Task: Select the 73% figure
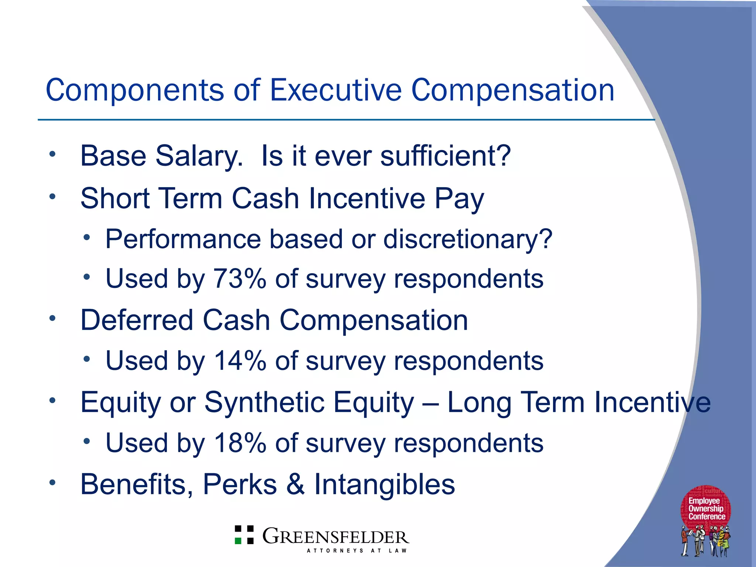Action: coord(240,278)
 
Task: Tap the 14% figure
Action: coord(240,361)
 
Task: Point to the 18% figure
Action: coord(240,443)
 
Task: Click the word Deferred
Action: coord(137,320)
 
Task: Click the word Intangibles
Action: coord(384,484)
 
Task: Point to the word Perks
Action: coord(240,484)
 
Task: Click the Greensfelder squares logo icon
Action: coord(244,535)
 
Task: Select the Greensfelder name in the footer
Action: coord(336,536)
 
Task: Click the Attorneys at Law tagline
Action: coord(357,550)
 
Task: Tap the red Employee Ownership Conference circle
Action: coord(706,508)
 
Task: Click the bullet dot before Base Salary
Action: coord(52,154)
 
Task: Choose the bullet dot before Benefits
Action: coord(52,482)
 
